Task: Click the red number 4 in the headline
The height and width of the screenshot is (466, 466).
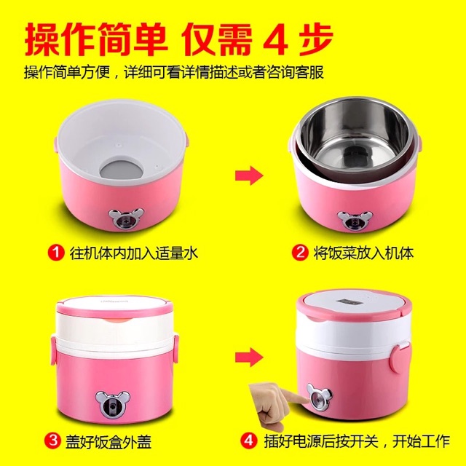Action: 275,41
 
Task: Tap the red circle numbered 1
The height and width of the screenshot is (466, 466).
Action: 56,253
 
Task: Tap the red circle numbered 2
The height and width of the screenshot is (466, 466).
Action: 300,253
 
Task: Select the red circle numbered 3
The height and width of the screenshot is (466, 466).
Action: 52,441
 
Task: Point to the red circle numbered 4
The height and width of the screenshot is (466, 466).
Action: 248,441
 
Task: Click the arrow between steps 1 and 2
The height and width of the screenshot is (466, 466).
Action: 249,175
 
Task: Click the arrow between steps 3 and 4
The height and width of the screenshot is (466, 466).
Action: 249,357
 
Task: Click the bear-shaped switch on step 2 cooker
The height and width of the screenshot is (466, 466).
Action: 355,220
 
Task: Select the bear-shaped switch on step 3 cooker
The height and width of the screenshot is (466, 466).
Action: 113,403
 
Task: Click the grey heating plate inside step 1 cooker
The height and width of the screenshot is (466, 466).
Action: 122,170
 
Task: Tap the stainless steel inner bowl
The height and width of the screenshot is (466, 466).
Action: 355,139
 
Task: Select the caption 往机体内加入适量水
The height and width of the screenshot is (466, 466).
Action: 134,253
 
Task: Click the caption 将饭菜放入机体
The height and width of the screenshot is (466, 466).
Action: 364,253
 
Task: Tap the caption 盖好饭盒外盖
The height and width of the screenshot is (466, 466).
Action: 108,441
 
